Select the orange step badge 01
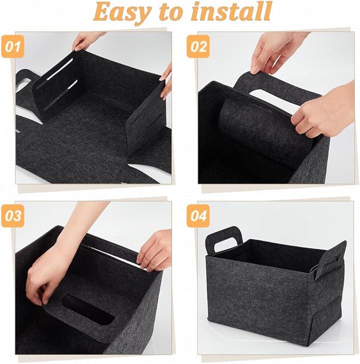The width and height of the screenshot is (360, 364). point(12,47)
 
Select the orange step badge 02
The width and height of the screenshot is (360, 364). point(198,47)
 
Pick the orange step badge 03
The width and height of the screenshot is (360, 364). point(12,216)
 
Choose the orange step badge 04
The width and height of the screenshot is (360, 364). point(198,216)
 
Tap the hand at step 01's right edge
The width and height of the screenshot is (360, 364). point(166,83)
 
